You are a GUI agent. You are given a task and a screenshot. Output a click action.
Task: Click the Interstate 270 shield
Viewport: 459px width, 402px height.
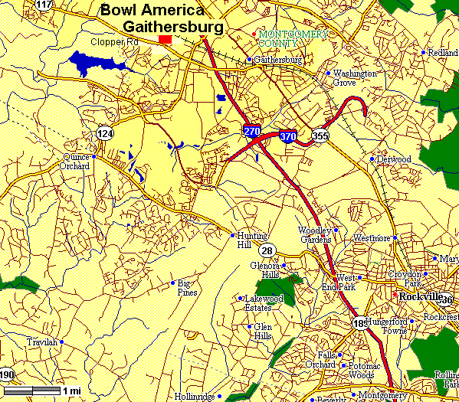pos(251,131)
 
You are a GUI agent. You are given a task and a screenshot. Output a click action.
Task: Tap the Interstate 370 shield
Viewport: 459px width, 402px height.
pos(288,136)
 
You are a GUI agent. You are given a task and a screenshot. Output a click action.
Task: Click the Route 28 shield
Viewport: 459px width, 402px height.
pos(267,250)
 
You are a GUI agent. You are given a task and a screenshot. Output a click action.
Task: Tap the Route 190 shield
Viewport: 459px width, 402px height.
pos(7,374)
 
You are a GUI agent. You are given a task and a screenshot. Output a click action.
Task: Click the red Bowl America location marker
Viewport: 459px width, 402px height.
pos(165,38)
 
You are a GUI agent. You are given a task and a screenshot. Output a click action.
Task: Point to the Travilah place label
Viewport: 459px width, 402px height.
pos(41,342)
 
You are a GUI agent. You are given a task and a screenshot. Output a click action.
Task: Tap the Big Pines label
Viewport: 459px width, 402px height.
pos(187,288)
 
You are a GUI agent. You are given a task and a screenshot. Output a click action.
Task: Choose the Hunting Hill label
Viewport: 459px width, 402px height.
pos(253,240)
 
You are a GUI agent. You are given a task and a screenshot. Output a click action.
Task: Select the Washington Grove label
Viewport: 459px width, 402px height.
pos(354,77)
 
